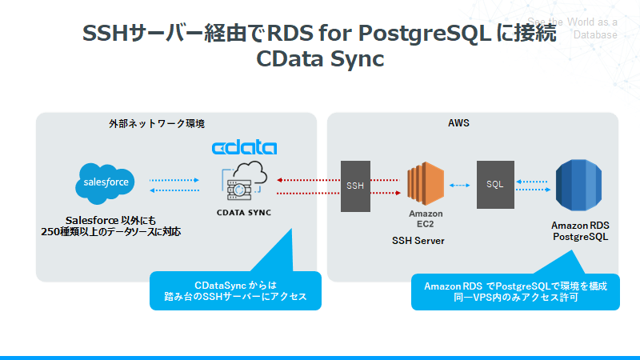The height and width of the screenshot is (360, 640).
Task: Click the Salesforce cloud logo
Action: point(107,185)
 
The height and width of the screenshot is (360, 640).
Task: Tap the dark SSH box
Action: point(355,186)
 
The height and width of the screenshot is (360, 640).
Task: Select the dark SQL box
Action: point(494,185)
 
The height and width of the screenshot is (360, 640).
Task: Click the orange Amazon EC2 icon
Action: point(425,185)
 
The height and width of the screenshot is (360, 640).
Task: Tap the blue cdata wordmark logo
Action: point(244,148)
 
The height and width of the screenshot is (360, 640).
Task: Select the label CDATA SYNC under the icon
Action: point(245,214)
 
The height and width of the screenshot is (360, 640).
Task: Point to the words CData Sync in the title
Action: point(320,59)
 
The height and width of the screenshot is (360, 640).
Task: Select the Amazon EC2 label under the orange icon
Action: point(426,218)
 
